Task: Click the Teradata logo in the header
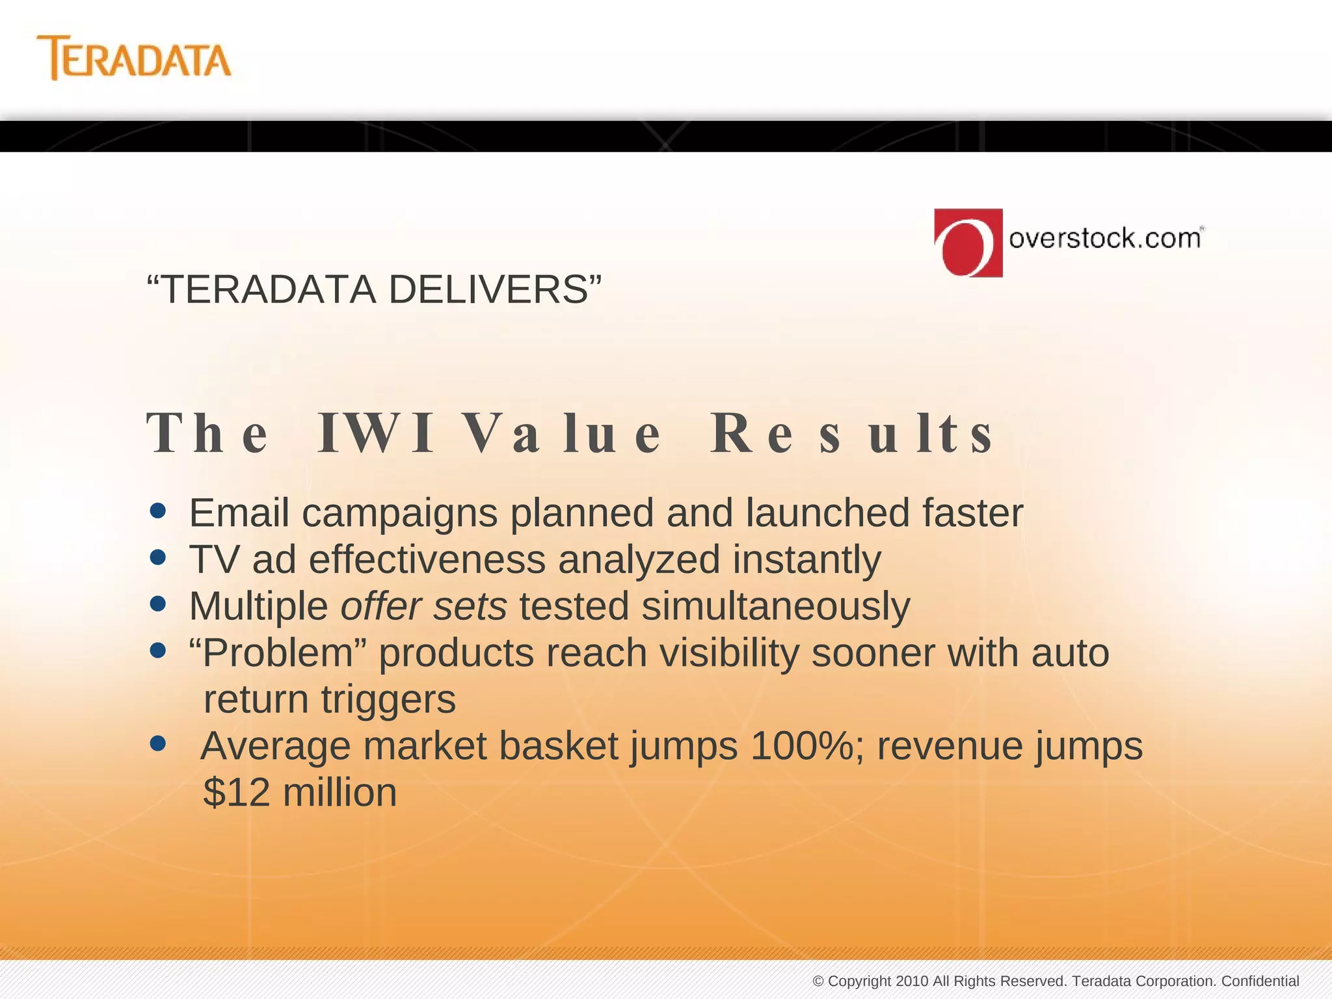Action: click(134, 59)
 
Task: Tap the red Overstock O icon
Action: click(968, 243)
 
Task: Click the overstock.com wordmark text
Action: click(1104, 238)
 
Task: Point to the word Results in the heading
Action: click(852, 434)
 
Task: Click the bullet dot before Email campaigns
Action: click(157, 511)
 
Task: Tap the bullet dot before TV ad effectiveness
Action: click(157, 557)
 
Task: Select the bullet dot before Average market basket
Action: click(157, 743)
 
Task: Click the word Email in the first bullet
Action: click(239, 513)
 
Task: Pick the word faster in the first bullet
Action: click(973, 513)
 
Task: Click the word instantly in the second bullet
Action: click(807, 559)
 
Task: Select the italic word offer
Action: click(381, 606)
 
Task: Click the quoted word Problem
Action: click(278, 652)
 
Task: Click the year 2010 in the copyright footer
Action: click(912, 981)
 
